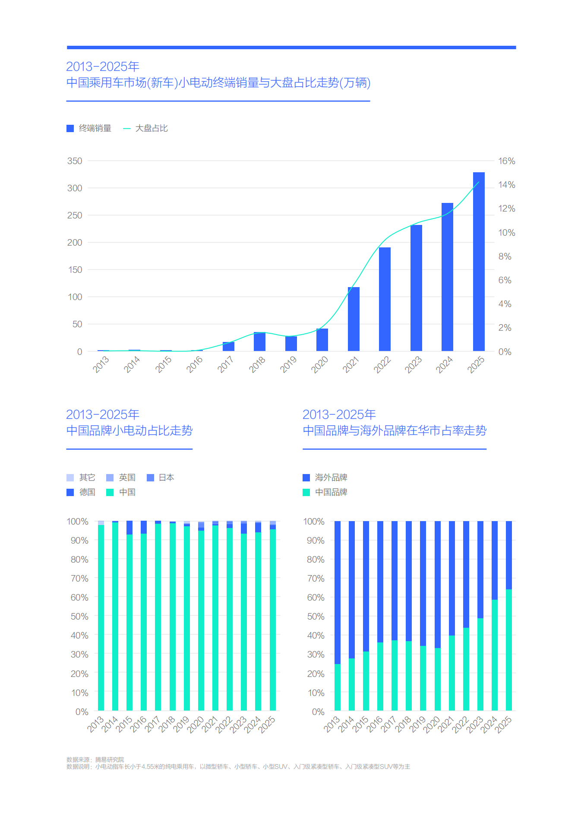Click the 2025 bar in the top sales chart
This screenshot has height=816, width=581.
tap(478, 262)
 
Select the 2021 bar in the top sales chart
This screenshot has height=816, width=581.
tap(354, 319)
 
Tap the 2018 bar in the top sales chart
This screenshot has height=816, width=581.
tap(259, 342)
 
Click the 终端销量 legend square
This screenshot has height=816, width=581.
tap(70, 128)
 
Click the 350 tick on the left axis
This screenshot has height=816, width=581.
tap(75, 161)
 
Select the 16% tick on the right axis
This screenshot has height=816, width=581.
tap(506, 161)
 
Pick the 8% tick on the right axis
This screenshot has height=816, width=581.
tap(505, 256)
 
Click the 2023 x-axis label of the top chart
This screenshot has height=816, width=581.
tap(413, 365)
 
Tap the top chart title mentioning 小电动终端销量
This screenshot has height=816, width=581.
tap(218, 82)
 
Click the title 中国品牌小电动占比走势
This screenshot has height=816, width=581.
tap(129, 430)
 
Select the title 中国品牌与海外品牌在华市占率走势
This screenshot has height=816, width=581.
tap(394, 430)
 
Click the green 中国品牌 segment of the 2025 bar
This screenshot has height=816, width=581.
tap(509, 650)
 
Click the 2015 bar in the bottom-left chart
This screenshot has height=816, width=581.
tap(129, 622)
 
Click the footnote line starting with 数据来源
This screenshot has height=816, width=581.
tap(95, 759)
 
